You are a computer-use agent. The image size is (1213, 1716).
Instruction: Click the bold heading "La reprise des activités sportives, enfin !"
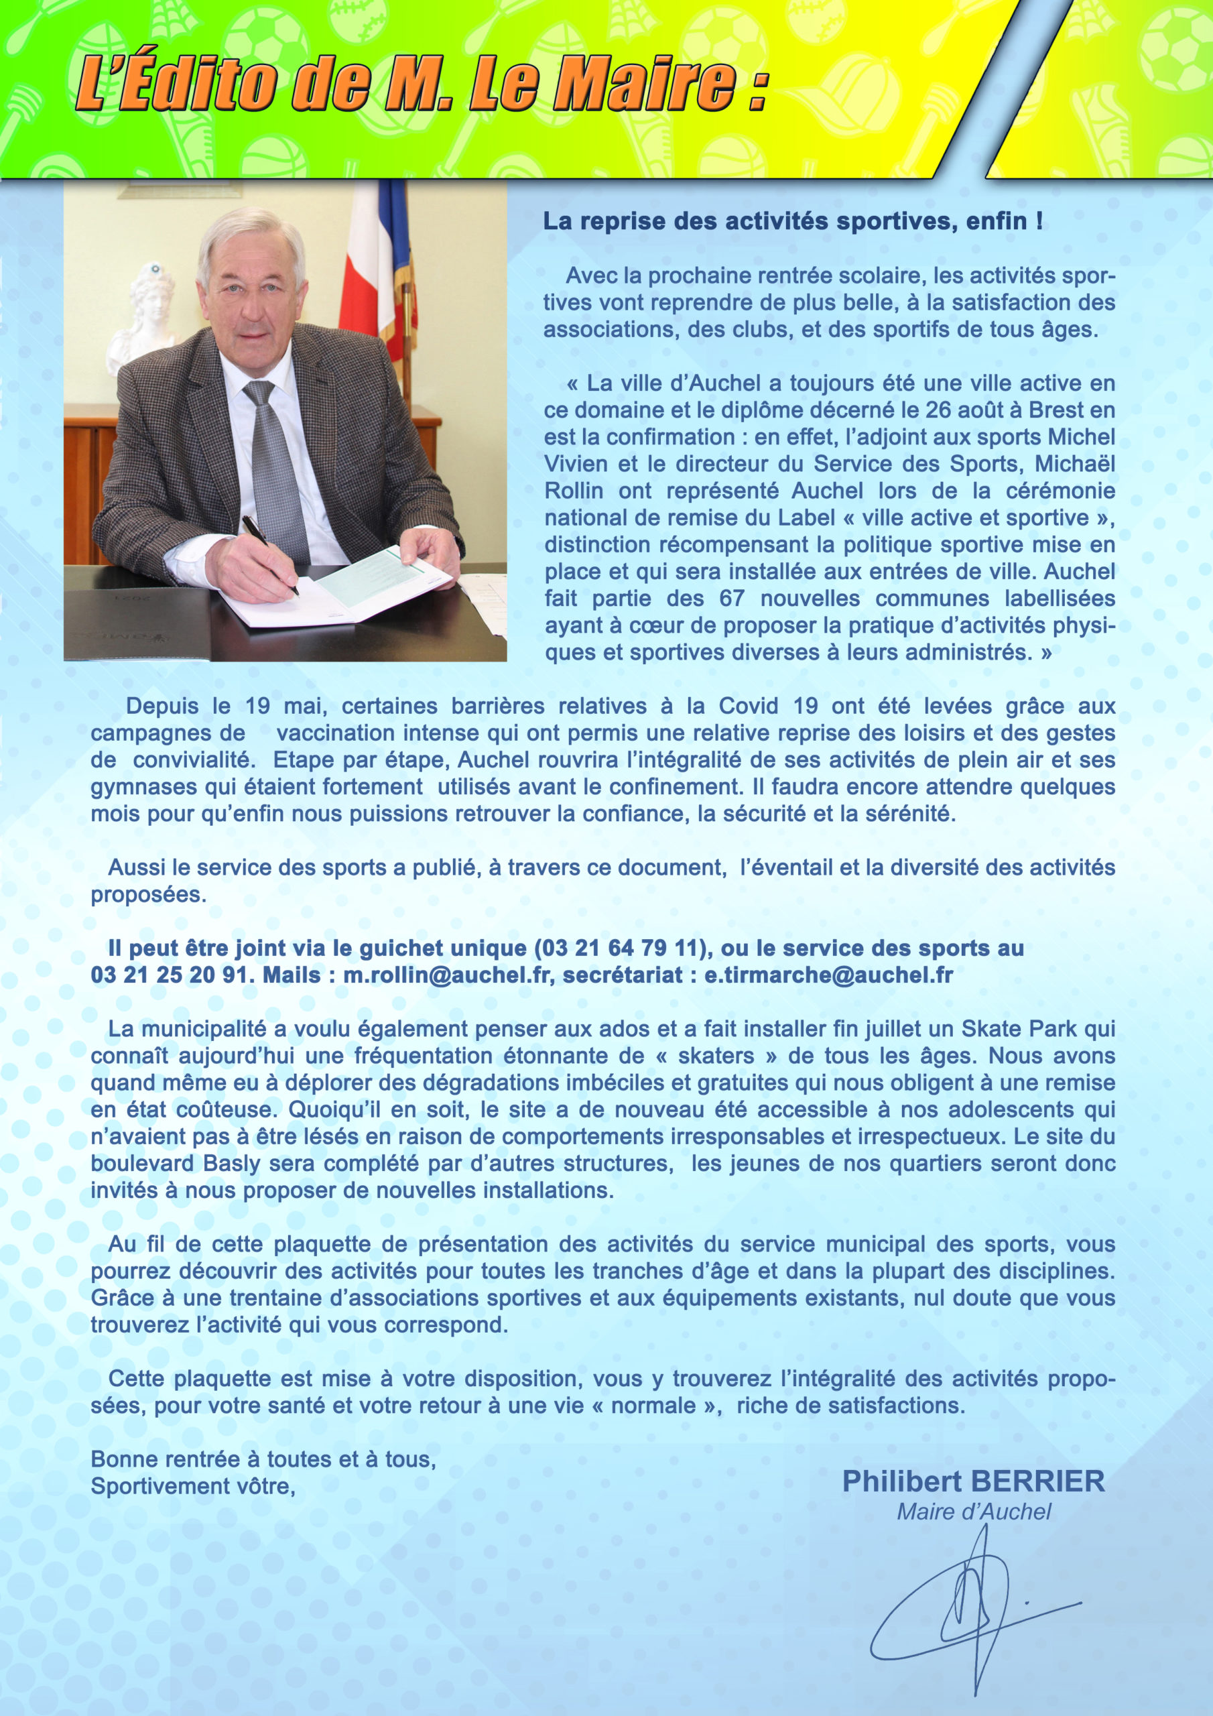pyautogui.click(x=792, y=222)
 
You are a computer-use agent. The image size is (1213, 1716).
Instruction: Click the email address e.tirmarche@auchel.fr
pyautogui.click(x=828, y=975)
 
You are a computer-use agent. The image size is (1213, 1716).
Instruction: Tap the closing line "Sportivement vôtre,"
pyautogui.click(x=193, y=1485)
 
